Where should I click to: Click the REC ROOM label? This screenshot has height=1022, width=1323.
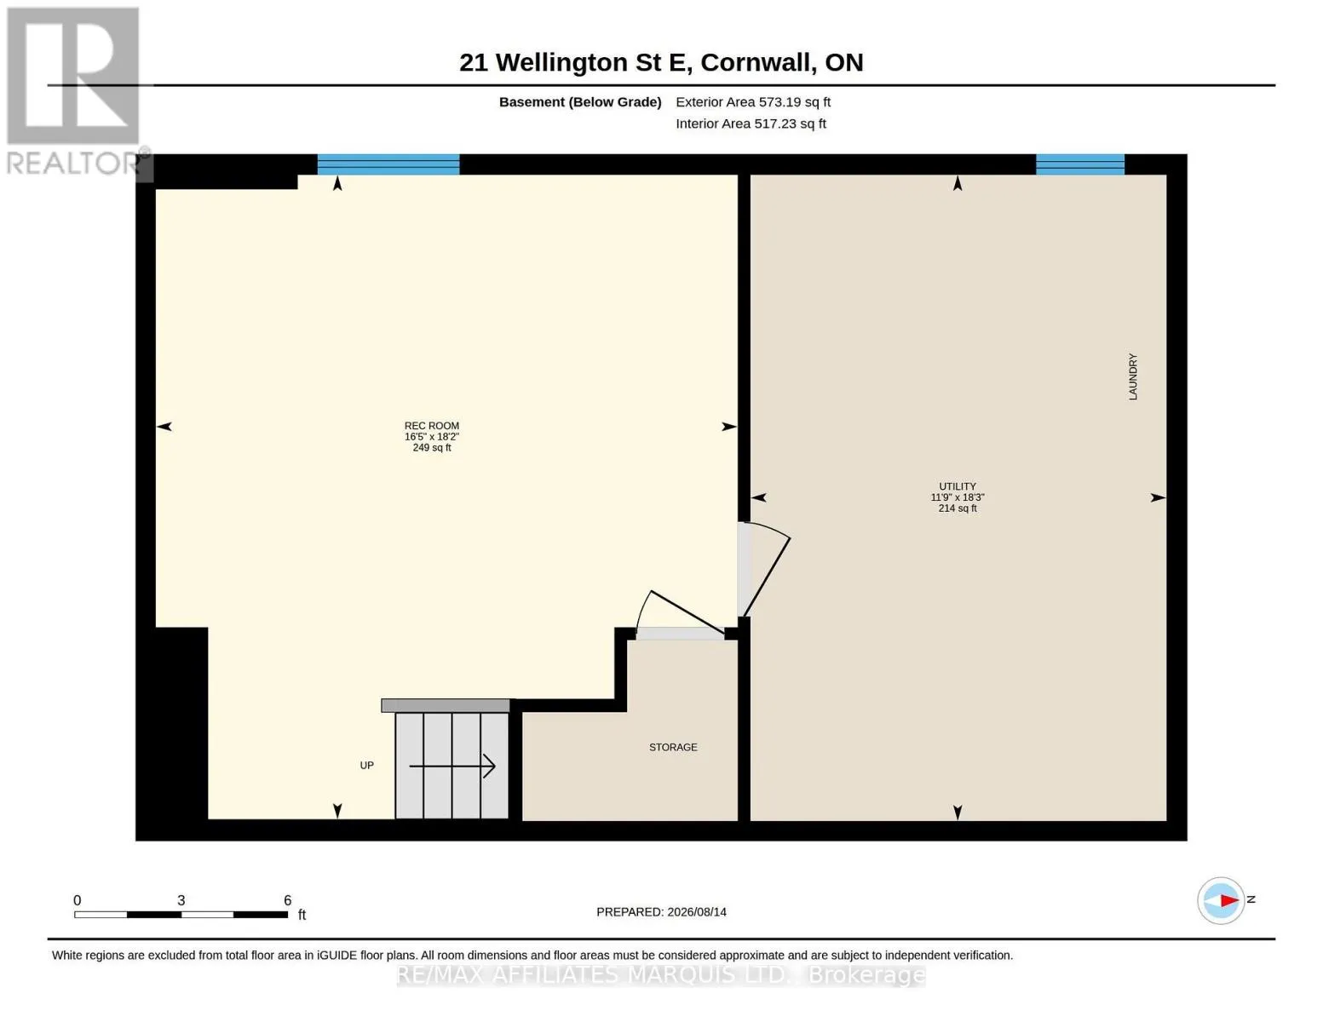tap(432, 426)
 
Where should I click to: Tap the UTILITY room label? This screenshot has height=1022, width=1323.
tap(957, 486)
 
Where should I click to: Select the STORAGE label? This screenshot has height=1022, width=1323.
tap(673, 747)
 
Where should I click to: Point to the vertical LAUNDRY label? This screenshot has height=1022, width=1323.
tap(1132, 376)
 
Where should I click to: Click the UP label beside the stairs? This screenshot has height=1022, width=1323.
tap(366, 765)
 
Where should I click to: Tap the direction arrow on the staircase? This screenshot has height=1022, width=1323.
tap(452, 766)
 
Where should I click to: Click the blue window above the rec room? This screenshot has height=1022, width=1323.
tap(388, 164)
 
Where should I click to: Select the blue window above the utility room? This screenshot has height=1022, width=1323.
tap(1080, 164)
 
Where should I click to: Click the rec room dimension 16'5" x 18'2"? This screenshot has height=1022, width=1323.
tap(432, 437)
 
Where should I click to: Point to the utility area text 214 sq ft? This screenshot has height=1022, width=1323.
tap(957, 508)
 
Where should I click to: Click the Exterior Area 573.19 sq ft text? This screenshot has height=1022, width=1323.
tap(753, 102)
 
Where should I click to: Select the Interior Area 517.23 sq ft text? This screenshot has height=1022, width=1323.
tap(751, 123)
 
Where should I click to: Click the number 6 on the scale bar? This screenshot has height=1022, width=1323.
tap(287, 900)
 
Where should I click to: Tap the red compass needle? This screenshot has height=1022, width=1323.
tap(1230, 900)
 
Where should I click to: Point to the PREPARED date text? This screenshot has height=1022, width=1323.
tap(661, 912)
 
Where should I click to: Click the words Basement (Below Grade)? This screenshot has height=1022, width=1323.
tap(580, 102)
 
